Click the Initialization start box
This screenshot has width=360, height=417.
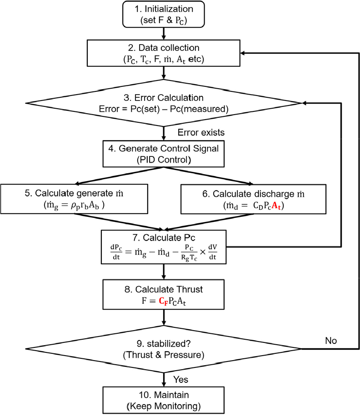coord(164,14)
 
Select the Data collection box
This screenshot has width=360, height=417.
coord(164,53)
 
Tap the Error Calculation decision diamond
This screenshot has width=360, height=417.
coord(164,103)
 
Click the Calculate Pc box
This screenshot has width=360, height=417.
coord(164,246)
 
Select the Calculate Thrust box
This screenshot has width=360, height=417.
coord(164,294)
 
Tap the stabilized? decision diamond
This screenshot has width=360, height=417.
coord(164,349)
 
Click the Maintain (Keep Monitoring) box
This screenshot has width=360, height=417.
coord(164,399)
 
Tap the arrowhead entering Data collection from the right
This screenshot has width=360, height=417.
coord(244,53)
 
